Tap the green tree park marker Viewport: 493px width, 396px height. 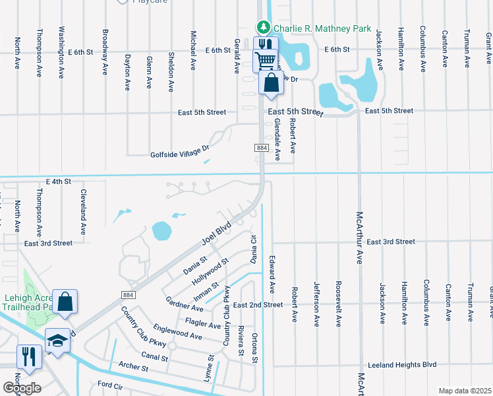point(264,27)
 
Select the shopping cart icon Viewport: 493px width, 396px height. point(265,61)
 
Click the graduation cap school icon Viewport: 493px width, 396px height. point(57,341)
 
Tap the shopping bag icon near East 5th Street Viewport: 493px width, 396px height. point(272,82)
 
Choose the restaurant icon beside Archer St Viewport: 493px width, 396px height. point(28,356)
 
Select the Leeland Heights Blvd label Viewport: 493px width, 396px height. point(402,364)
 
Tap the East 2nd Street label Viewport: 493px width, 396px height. point(258,305)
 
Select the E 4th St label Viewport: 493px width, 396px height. point(58,181)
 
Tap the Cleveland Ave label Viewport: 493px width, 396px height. point(84,213)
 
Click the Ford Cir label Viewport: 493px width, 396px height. point(111,384)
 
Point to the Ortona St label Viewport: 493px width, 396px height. point(255,347)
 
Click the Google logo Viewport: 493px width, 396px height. point(22,387)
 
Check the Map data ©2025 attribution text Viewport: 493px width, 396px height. point(464,391)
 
